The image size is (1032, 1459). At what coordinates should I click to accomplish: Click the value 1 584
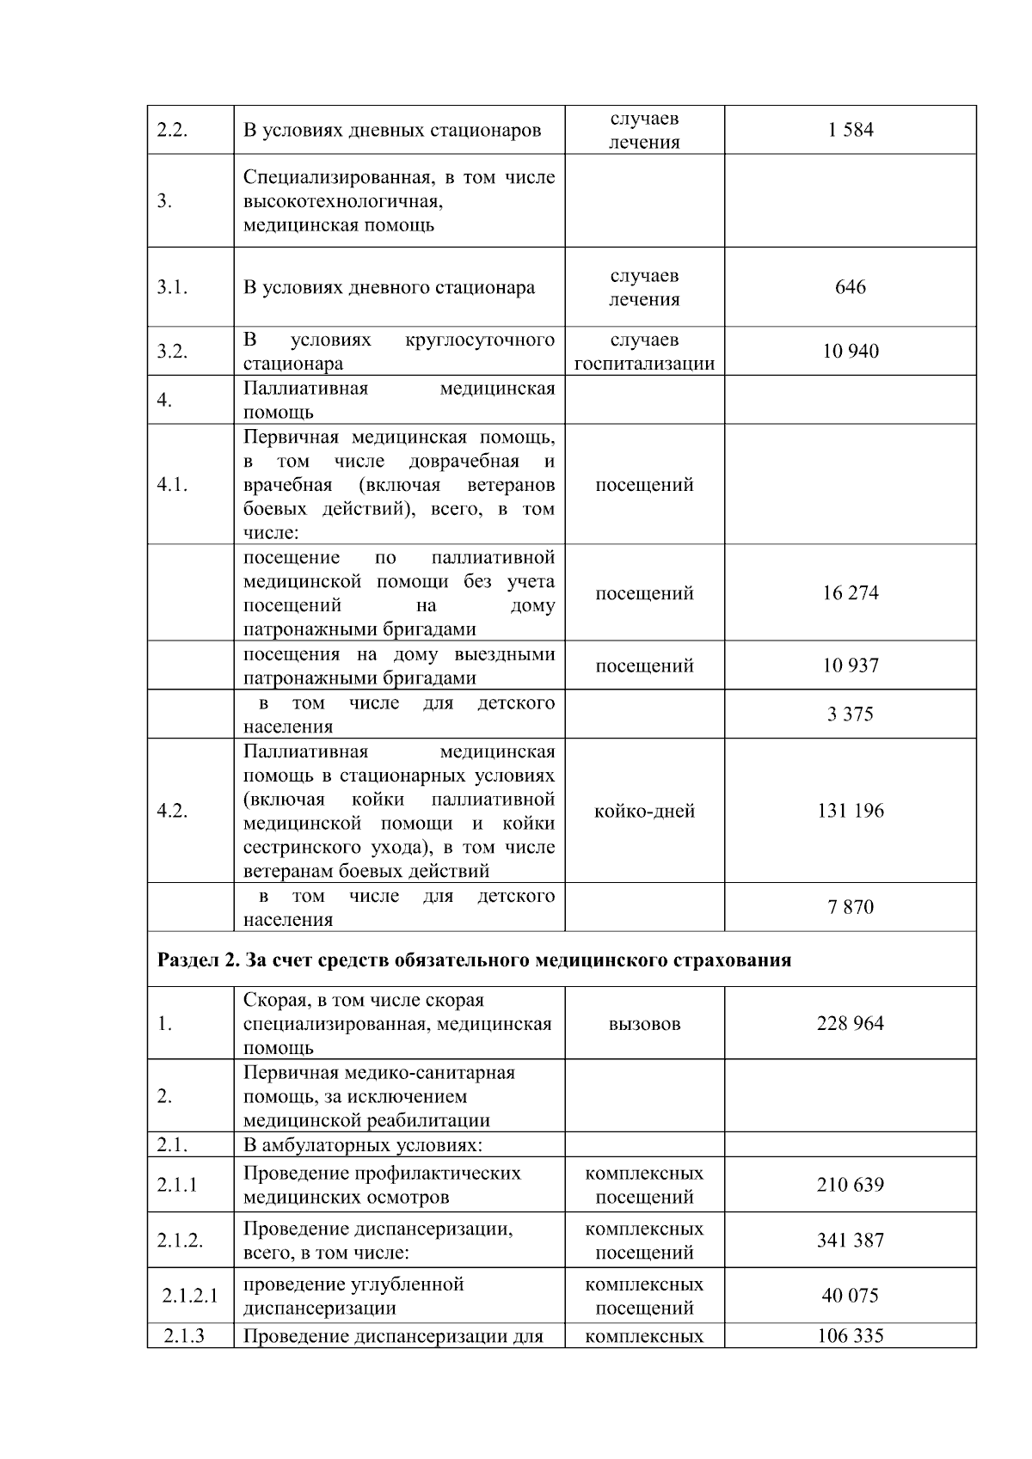click(850, 130)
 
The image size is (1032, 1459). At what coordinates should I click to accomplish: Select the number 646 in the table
click(850, 287)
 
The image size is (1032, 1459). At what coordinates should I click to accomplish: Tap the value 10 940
click(850, 351)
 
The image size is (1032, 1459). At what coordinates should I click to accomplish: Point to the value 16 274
click(850, 592)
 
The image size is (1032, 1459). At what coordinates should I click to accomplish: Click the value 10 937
click(850, 665)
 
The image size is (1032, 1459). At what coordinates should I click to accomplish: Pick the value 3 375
click(850, 714)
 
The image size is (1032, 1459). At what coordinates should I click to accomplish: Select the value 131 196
click(850, 811)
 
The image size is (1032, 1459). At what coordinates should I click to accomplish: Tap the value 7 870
click(850, 907)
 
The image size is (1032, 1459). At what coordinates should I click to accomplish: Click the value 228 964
click(850, 1023)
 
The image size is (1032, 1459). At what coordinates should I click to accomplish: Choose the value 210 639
click(850, 1185)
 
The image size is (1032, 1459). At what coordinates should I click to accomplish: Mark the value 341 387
click(850, 1240)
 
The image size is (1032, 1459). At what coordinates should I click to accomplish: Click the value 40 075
click(850, 1296)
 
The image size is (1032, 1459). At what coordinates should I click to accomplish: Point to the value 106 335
click(850, 1335)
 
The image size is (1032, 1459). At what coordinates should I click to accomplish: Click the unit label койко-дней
click(644, 811)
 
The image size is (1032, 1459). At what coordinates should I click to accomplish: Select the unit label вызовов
click(644, 1024)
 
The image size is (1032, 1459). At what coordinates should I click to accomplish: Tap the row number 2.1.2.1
click(190, 1296)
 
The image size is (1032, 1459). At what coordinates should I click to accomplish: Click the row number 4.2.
click(172, 811)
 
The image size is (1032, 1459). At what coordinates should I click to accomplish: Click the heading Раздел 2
click(197, 959)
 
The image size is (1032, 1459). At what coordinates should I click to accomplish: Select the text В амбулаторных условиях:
click(362, 1145)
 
